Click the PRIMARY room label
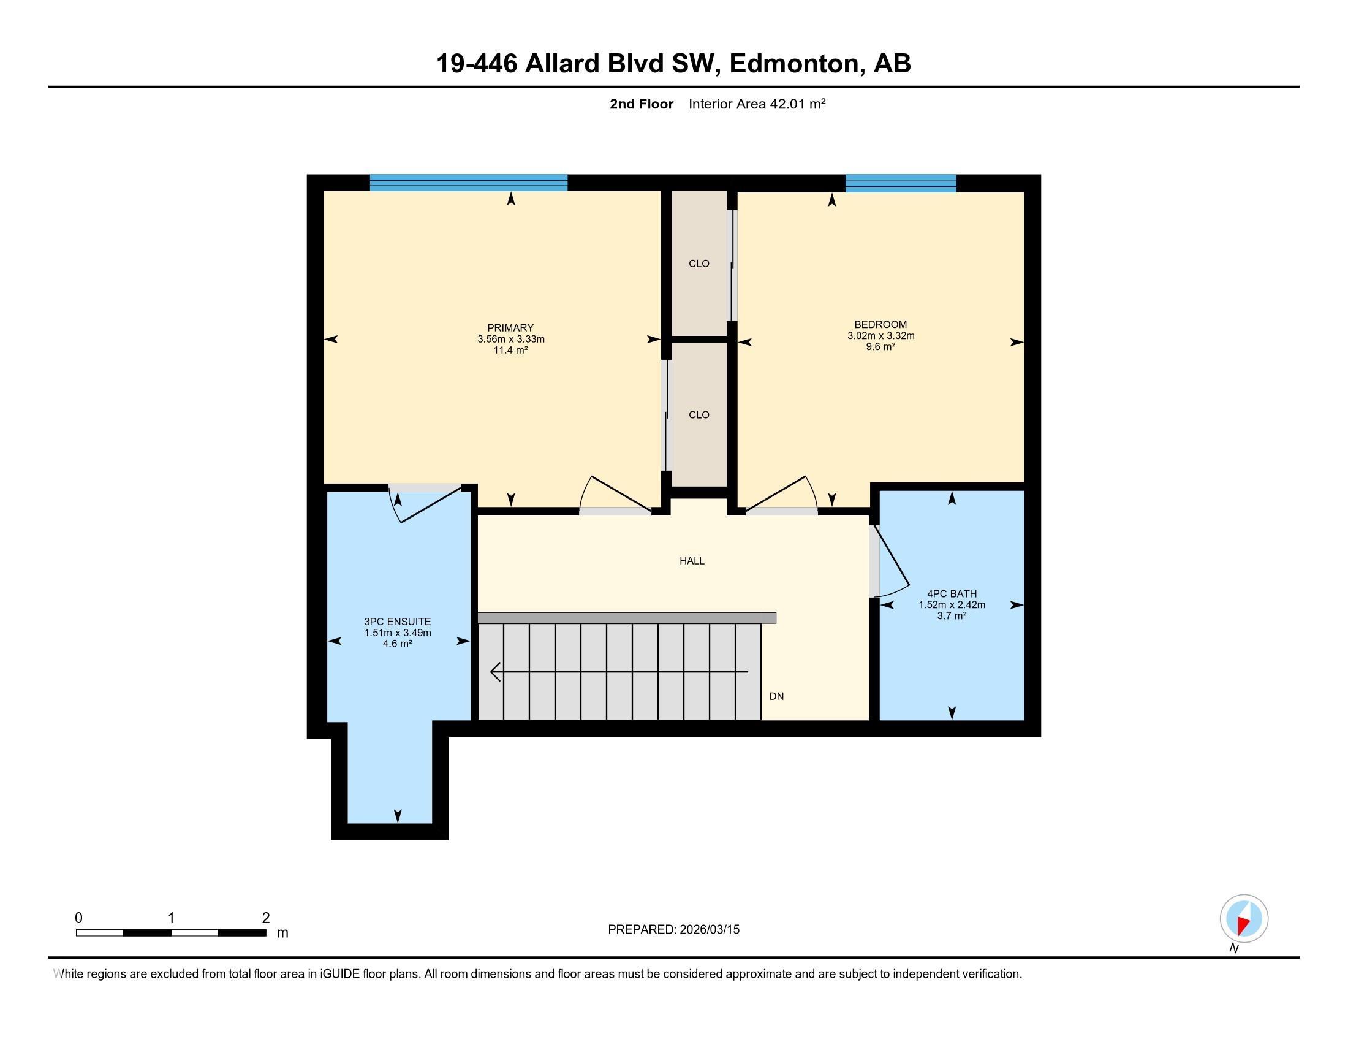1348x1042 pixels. coord(510,328)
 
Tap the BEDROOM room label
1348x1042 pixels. coord(880,324)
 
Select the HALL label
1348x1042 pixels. coord(692,560)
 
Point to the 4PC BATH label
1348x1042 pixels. coord(952,594)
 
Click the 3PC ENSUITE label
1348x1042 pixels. coord(398,622)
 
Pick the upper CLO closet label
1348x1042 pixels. coord(699,264)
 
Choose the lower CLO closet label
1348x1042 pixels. coord(699,415)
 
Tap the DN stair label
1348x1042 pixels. coord(776,696)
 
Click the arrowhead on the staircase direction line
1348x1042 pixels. coord(495,672)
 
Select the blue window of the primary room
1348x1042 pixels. coord(469,183)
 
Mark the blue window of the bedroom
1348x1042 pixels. coord(901,183)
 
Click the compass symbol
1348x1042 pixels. coord(1244,919)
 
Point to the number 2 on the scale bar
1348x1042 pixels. coord(266,918)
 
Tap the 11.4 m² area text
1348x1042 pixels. coord(510,350)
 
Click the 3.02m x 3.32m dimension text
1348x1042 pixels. coord(880,336)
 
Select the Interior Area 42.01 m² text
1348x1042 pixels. coord(757,104)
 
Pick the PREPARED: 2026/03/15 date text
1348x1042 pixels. coord(673,930)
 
